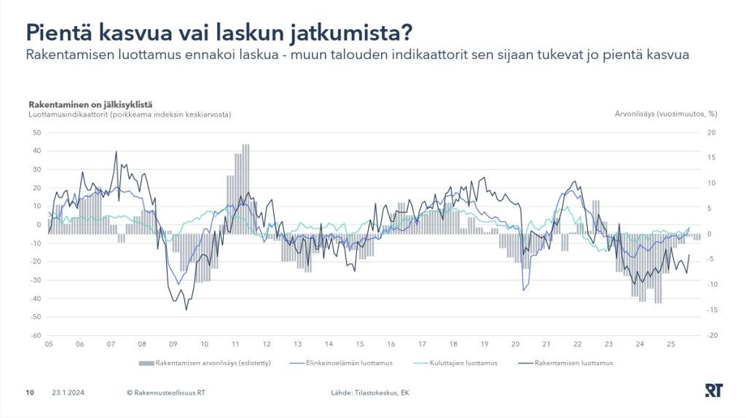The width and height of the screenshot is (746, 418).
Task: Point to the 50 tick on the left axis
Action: pos(36,133)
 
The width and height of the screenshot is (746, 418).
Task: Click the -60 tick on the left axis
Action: pos(35,336)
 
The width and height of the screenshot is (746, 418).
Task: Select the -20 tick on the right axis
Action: pos(711,336)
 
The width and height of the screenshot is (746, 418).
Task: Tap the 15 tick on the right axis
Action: pos(711,158)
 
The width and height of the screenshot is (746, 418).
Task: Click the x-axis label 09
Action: pos(173,344)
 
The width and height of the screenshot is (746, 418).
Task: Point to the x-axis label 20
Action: pos(515,344)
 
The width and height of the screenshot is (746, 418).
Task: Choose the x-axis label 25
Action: pos(671,344)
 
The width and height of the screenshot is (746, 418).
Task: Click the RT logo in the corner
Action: pos(713,391)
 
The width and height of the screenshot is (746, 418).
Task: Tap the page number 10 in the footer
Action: pos(30,393)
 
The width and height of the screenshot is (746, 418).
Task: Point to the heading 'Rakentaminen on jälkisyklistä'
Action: pos(90,105)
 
